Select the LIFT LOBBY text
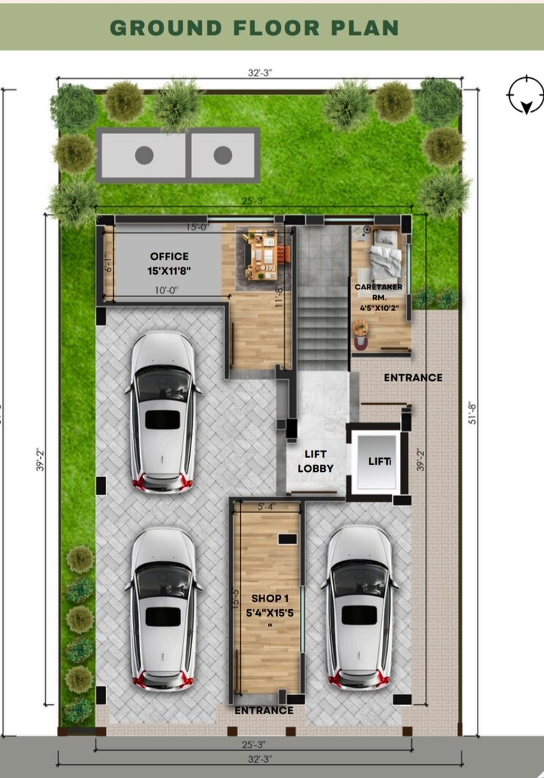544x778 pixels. coord(315,461)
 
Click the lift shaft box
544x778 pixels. coord(376,462)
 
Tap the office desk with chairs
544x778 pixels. coord(260,250)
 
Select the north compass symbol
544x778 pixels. coord(524,95)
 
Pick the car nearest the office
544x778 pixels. coord(163,411)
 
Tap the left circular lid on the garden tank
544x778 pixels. coord(145,155)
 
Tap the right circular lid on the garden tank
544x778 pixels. coord(223,155)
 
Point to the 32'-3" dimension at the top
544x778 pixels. coord(261,72)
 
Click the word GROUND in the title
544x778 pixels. coord(165,28)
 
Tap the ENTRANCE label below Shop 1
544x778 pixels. coord(264,710)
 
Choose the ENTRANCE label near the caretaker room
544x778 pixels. coord(413,378)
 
